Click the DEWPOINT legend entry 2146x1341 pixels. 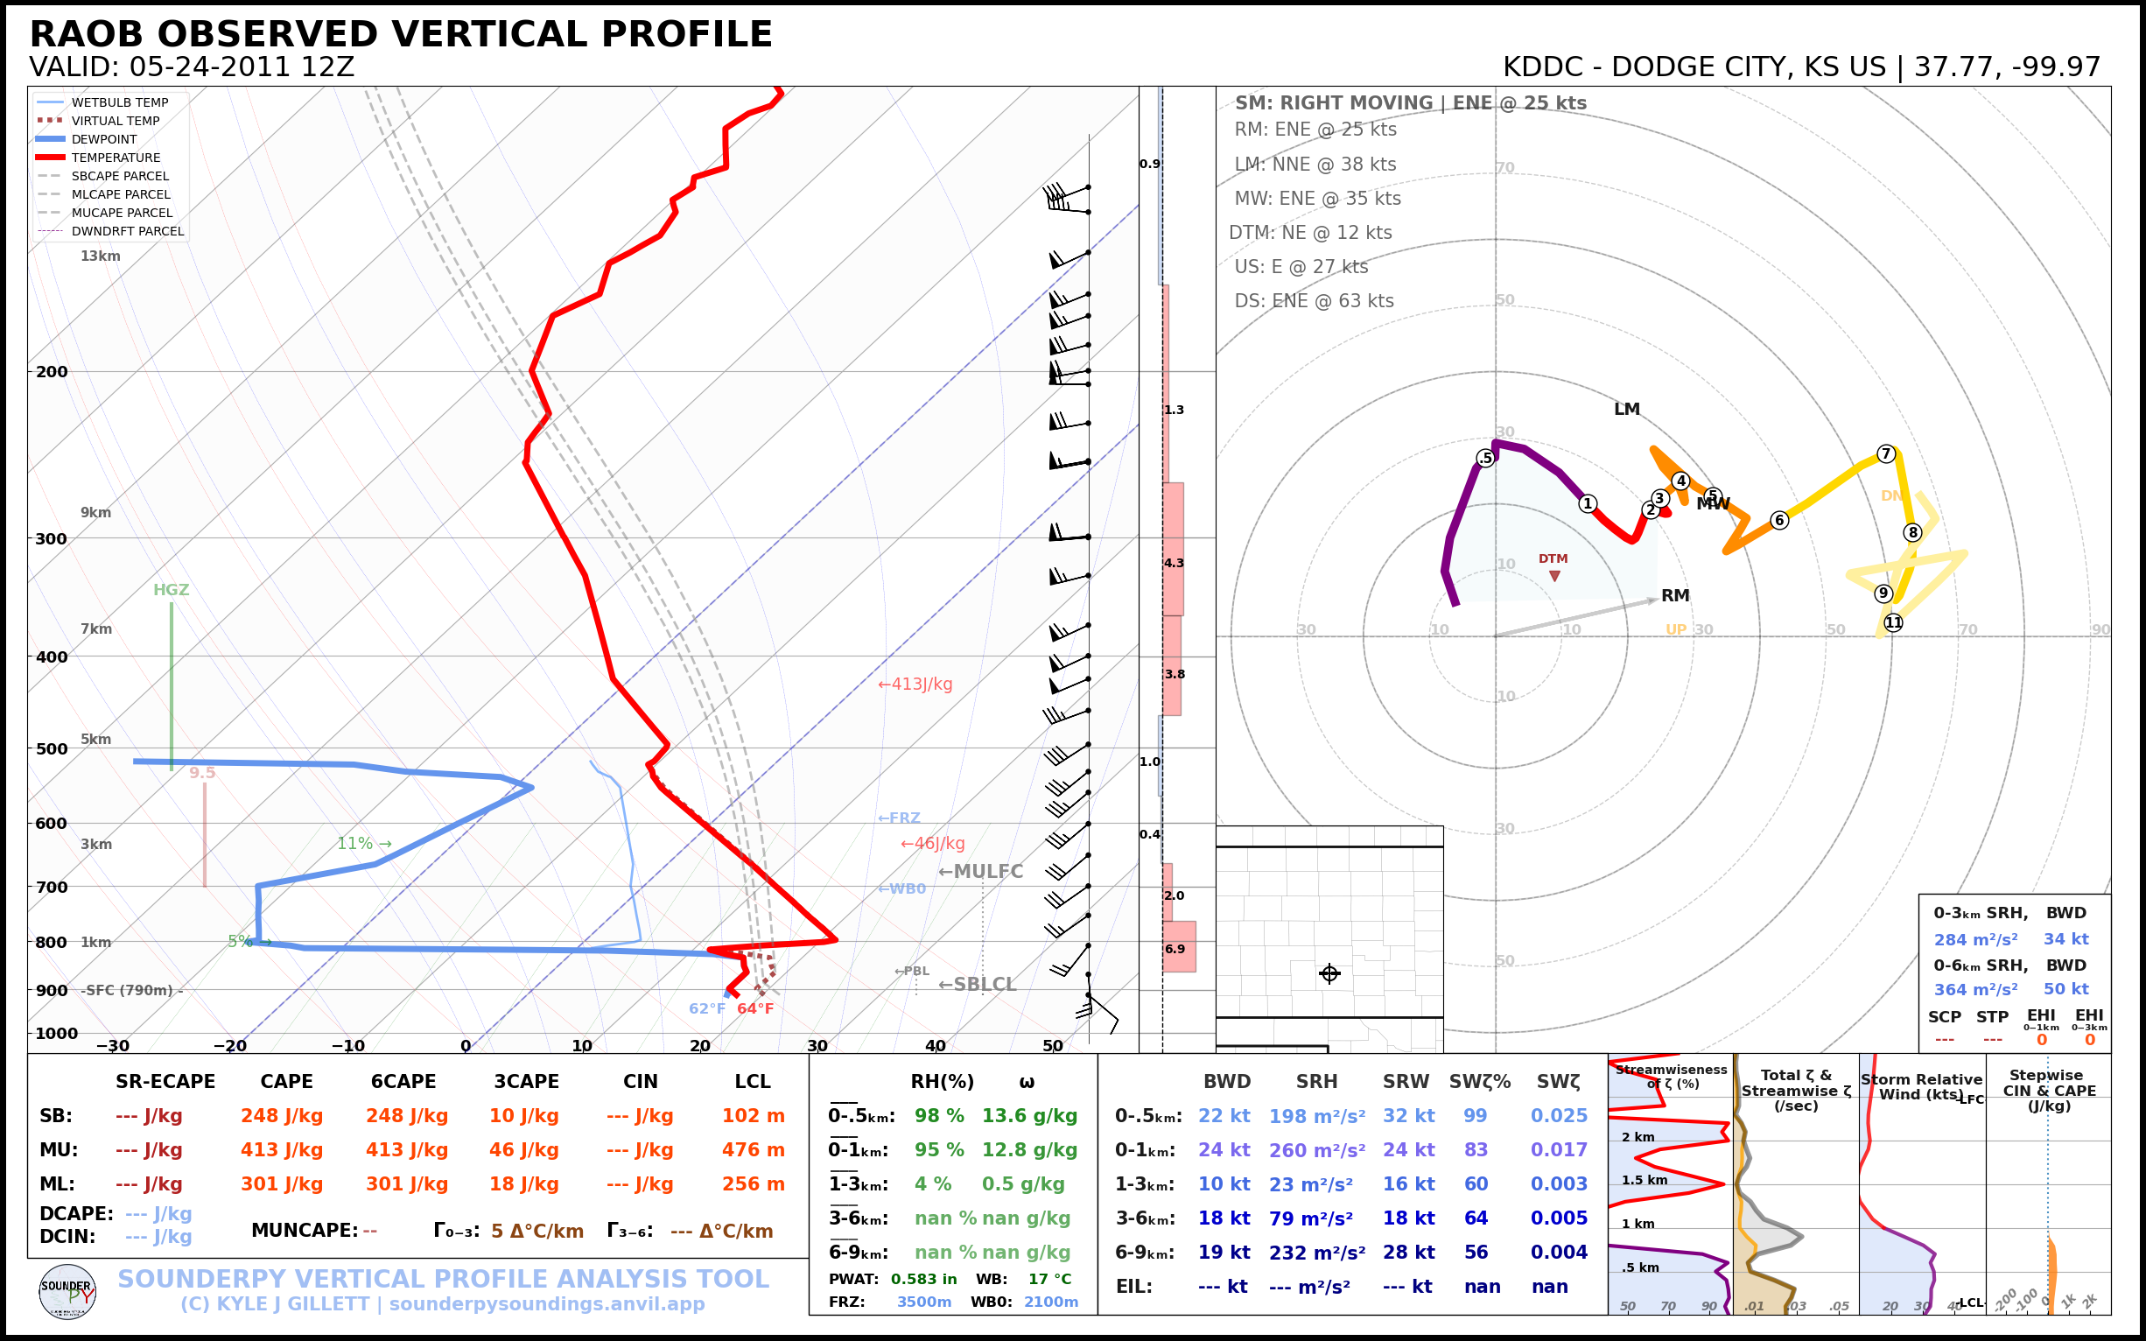[104, 139]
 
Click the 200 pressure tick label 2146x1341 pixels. [52, 372]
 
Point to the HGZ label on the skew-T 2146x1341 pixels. [172, 590]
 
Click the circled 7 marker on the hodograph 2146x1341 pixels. [1886, 453]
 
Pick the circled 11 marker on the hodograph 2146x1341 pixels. [1893, 622]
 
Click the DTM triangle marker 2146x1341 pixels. [1554, 577]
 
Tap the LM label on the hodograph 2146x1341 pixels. [1626, 409]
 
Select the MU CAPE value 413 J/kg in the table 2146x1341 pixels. [282, 1150]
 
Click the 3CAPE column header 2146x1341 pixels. [527, 1081]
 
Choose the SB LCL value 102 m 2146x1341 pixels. [753, 1116]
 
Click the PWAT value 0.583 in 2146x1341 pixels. [924, 1279]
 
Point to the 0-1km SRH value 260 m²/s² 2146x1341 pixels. [1317, 1150]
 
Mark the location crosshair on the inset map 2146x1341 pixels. [1329, 974]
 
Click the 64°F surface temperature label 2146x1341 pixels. [755, 1008]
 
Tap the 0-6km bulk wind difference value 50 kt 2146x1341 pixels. [2066, 989]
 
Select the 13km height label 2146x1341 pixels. [100, 256]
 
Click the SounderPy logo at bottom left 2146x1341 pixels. [67, 1291]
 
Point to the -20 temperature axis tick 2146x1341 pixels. [229, 1046]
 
